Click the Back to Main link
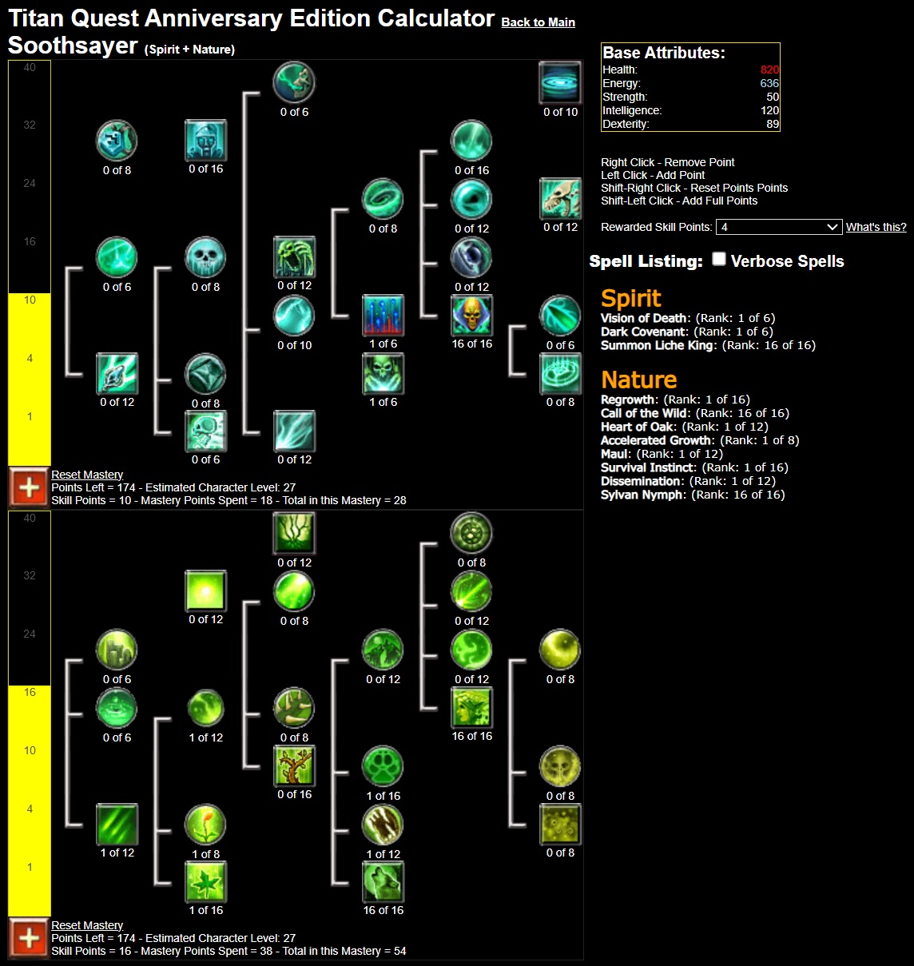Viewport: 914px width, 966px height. pyautogui.click(x=538, y=22)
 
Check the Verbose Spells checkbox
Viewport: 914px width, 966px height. pyautogui.click(x=719, y=259)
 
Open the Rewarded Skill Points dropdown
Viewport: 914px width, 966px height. pyautogui.click(x=778, y=227)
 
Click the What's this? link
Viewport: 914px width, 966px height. pyautogui.click(x=876, y=227)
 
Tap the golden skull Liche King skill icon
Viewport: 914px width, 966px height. pyautogui.click(x=471, y=316)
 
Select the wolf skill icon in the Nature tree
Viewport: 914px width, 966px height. pyautogui.click(x=383, y=882)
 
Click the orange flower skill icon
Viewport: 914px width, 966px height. pyautogui.click(x=205, y=825)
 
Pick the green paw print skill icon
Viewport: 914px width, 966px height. pyautogui.click(x=383, y=767)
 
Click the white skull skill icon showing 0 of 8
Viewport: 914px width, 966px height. pyautogui.click(x=205, y=257)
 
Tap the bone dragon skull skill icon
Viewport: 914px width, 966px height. pyautogui.click(x=560, y=199)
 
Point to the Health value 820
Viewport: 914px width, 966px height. pyautogui.click(x=769, y=70)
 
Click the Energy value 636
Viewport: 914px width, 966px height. pyautogui.click(x=769, y=83)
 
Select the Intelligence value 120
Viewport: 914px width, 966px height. pyautogui.click(x=769, y=110)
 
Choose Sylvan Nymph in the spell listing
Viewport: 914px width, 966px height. pyautogui.click(x=643, y=495)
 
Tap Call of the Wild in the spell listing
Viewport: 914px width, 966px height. pyautogui.click(x=646, y=413)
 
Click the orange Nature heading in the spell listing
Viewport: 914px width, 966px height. pyautogui.click(x=638, y=380)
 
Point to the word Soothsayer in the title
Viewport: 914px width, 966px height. pyautogui.click(x=73, y=46)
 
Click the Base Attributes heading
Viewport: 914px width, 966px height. pyautogui.click(x=664, y=53)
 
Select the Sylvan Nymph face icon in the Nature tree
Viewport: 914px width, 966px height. pyautogui.click(x=471, y=707)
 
